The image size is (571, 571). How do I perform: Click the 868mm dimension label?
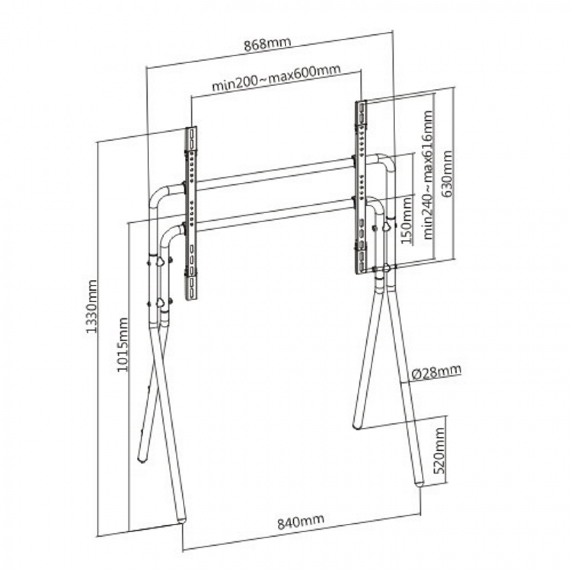click(267, 44)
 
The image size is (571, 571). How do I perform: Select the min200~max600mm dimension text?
click(276, 79)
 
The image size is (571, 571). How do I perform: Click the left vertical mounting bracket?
click(191, 213)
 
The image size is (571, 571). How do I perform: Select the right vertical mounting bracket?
click(361, 187)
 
